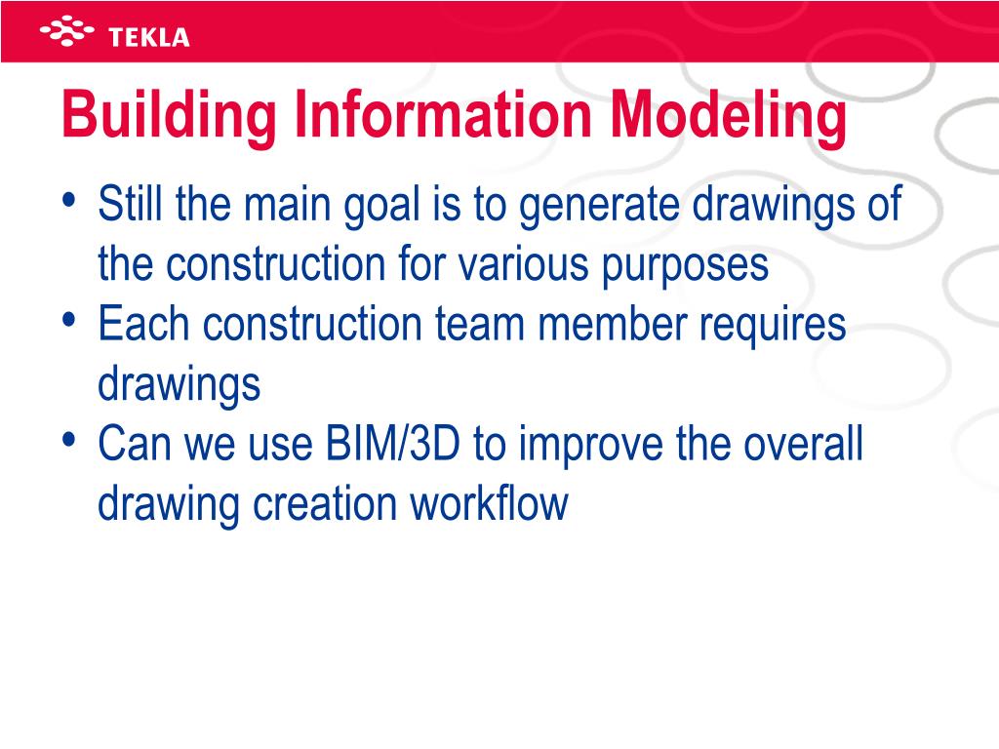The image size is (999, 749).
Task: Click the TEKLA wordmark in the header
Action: click(x=149, y=38)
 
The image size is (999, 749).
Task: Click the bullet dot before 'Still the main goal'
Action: click(x=68, y=200)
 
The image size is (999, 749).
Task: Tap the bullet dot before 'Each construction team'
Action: click(x=68, y=320)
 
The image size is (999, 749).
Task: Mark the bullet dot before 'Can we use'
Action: click(x=68, y=440)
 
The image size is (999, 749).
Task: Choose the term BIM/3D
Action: click(x=390, y=445)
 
